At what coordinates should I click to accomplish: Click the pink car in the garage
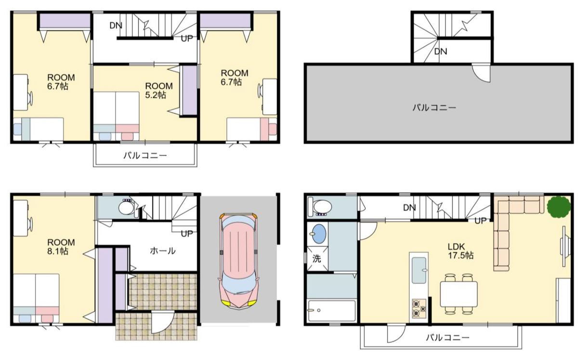pos(238,261)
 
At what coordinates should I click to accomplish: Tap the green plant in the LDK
pos(559,207)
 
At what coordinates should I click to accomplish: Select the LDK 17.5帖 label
pos(460,251)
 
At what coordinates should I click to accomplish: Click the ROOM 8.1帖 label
pos(61,246)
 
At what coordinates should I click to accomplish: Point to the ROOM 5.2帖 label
pos(159,91)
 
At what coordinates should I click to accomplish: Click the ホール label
pos(162,251)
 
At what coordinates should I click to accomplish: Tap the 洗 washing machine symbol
pos(317,259)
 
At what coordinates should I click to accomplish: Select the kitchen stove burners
pos(419,308)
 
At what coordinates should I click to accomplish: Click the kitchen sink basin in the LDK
pos(419,270)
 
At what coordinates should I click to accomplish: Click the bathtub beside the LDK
pos(332,310)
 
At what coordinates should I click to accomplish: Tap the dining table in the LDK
pos(458,294)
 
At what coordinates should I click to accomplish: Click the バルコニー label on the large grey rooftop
pos(434,107)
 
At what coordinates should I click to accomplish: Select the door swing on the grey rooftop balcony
pos(481,73)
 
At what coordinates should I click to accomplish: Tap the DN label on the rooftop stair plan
pos(441,52)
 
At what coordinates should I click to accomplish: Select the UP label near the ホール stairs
pos(187,233)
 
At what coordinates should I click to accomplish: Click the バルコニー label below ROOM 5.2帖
pos(145,156)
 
